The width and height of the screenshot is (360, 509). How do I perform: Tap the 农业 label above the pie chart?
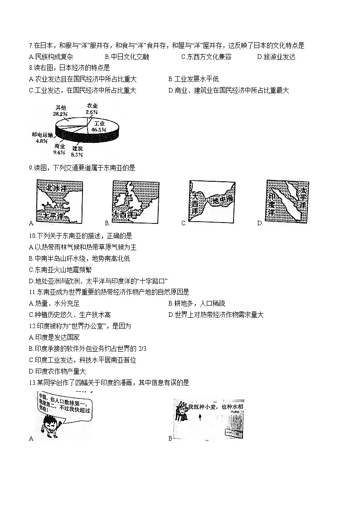92,106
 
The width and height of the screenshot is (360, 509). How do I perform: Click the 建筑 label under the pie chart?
78,148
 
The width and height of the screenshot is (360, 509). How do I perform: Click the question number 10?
31,236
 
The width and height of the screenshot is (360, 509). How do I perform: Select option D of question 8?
229,90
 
